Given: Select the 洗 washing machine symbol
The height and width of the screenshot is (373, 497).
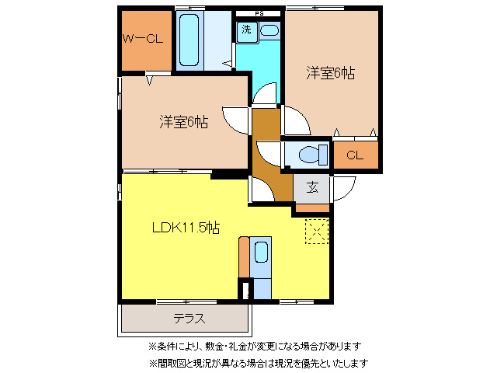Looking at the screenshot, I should tap(246, 30).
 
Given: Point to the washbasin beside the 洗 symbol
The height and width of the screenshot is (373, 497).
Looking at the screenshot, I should tap(269, 30).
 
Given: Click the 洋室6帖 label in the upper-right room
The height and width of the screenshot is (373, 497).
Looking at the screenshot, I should tap(330, 73).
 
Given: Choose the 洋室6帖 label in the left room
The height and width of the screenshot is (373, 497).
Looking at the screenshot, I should tap(184, 121).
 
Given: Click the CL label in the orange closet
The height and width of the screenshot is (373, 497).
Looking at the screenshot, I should tap(354, 155).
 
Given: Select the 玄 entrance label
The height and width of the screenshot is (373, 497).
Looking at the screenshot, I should tap(312, 186).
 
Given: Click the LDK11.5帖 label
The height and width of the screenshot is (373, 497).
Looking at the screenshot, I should tap(185, 228).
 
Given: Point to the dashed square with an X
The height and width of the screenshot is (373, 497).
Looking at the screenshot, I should tap(318, 231).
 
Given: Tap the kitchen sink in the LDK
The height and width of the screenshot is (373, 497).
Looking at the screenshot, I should tap(261, 253).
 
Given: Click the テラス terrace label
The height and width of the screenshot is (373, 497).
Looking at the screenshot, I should tap(189, 318).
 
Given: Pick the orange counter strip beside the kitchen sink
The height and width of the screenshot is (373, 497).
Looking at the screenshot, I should tap(244, 256).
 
